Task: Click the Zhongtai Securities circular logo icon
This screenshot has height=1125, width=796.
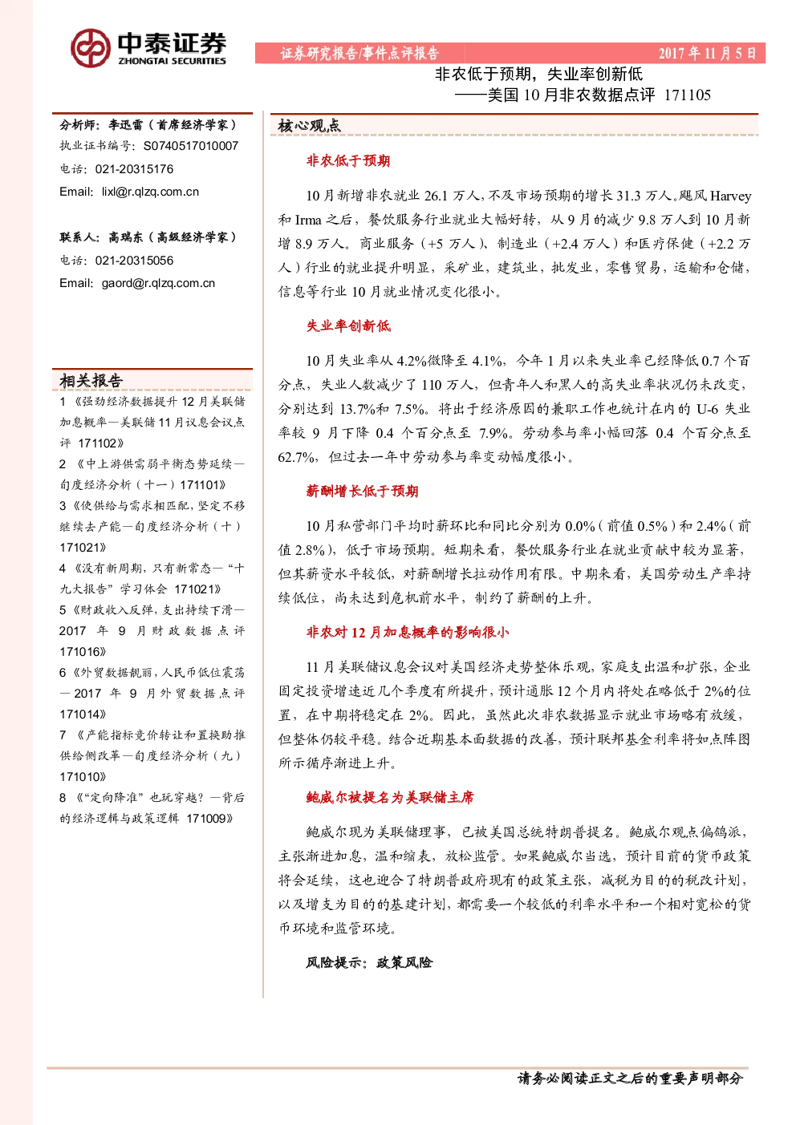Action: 91,48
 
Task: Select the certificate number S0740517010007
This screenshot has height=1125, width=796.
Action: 191,146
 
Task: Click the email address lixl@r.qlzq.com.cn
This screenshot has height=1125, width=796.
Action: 150,192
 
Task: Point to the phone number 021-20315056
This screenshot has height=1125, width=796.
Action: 134,261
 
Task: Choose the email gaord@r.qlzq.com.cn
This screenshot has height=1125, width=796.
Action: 158,283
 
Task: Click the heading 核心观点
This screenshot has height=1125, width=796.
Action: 309,126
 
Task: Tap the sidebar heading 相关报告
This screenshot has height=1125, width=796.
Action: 91,381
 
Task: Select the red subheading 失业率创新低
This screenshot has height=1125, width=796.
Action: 348,326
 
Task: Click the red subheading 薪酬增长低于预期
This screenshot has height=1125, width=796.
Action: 363,492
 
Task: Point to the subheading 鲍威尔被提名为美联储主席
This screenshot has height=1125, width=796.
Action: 390,797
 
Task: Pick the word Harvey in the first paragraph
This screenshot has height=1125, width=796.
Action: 731,196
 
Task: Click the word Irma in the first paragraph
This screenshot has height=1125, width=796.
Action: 308,220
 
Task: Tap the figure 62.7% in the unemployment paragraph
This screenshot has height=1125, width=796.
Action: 296,457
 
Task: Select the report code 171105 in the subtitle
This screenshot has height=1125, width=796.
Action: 688,95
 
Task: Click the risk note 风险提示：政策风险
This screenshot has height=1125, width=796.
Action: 369,962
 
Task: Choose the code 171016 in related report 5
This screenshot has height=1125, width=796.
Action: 80,652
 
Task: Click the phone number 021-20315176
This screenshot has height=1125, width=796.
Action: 134,169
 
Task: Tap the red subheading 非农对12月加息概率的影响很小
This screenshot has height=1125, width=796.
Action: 408,633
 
